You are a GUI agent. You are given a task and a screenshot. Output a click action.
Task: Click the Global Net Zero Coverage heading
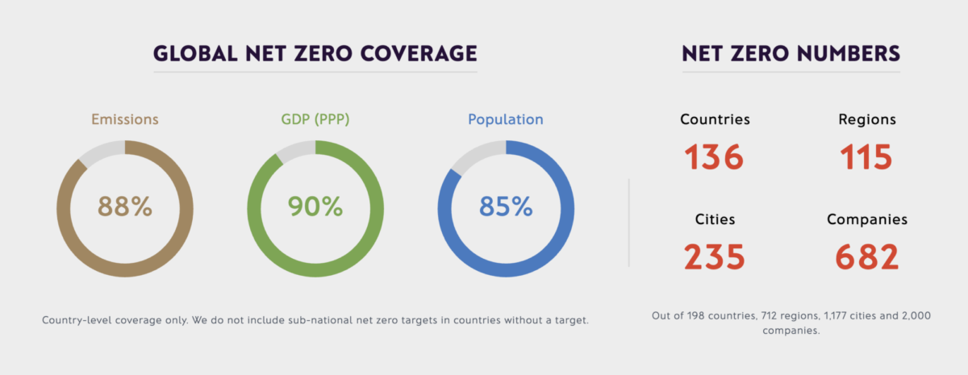coord(315,54)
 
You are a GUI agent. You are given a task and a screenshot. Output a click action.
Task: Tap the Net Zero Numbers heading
coord(791,54)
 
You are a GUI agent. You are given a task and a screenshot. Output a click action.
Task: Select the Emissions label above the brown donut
coord(125,119)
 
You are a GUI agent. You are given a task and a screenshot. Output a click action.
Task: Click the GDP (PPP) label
coord(315,119)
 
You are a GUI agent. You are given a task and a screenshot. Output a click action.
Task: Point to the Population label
coord(506,119)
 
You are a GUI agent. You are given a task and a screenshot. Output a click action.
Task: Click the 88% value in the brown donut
coord(125,206)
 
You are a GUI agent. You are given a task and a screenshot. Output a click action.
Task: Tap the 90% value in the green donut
coord(315,206)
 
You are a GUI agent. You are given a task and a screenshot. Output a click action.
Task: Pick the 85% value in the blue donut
coord(506,206)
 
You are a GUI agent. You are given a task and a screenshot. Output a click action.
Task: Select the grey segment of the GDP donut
coord(295,150)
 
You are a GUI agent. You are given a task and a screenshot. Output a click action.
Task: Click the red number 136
coord(715,157)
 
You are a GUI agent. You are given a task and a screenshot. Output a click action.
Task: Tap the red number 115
coord(866,157)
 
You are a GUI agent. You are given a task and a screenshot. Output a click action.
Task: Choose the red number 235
coord(715,257)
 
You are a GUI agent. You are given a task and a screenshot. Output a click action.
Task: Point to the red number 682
coord(866,257)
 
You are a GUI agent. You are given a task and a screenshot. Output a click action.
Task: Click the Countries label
coord(715,119)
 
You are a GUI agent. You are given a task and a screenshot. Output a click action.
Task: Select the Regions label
coord(866,119)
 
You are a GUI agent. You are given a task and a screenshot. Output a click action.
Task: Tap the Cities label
coord(715,219)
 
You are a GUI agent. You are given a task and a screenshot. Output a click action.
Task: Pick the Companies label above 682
coord(866,219)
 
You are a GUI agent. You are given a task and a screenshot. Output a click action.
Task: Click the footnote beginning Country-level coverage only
coord(315,321)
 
